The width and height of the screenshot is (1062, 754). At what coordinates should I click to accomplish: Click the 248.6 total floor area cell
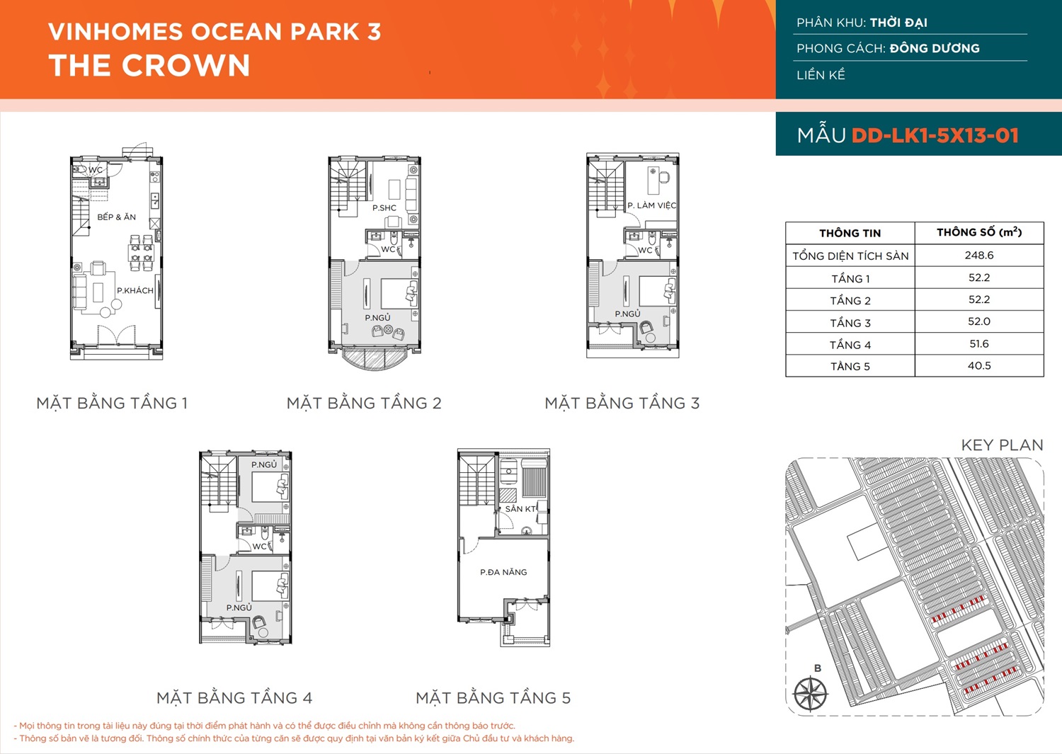pyautogui.click(x=979, y=255)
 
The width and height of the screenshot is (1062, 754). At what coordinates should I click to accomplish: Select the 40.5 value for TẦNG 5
pyautogui.click(x=979, y=365)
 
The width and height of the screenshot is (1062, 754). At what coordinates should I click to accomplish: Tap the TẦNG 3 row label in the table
pyautogui.click(x=850, y=323)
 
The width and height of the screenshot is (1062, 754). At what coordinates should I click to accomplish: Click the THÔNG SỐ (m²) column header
pyautogui.click(x=979, y=232)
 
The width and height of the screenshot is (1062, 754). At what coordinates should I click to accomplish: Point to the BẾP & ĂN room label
pyautogui.click(x=117, y=217)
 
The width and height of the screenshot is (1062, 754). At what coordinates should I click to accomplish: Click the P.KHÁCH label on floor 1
pyautogui.click(x=135, y=290)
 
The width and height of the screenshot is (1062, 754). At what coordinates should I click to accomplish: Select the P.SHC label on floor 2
pyautogui.click(x=384, y=207)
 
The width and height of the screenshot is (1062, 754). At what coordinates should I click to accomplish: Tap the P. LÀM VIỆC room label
pyautogui.click(x=652, y=205)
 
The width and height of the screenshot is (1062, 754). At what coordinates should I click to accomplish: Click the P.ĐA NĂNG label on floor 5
pyautogui.click(x=503, y=572)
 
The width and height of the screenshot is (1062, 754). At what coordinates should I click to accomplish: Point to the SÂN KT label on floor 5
pyautogui.click(x=520, y=509)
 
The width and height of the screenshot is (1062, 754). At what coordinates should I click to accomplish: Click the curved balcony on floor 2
pyautogui.click(x=375, y=359)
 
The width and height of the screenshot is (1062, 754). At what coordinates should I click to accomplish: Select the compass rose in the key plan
pyautogui.click(x=811, y=694)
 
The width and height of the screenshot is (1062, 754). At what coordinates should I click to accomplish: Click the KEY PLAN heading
pyautogui.click(x=1003, y=445)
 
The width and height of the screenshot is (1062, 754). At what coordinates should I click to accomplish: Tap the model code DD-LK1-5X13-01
pyautogui.click(x=935, y=136)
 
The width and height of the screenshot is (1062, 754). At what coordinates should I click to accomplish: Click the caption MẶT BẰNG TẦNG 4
pyautogui.click(x=234, y=697)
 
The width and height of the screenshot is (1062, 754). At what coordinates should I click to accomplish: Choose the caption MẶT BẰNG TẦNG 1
pyautogui.click(x=112, y=403)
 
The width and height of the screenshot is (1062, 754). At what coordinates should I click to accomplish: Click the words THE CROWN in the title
pyautogui.click(x=149, y=65)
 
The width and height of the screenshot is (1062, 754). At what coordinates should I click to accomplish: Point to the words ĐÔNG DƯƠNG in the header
pyautogui.click(x=935, y=48)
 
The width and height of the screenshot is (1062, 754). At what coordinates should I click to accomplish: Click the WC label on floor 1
pyautogui.click(x=96, y=170)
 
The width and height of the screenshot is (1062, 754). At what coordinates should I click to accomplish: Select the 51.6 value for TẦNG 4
pyautogui.click(x=979, y=344)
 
